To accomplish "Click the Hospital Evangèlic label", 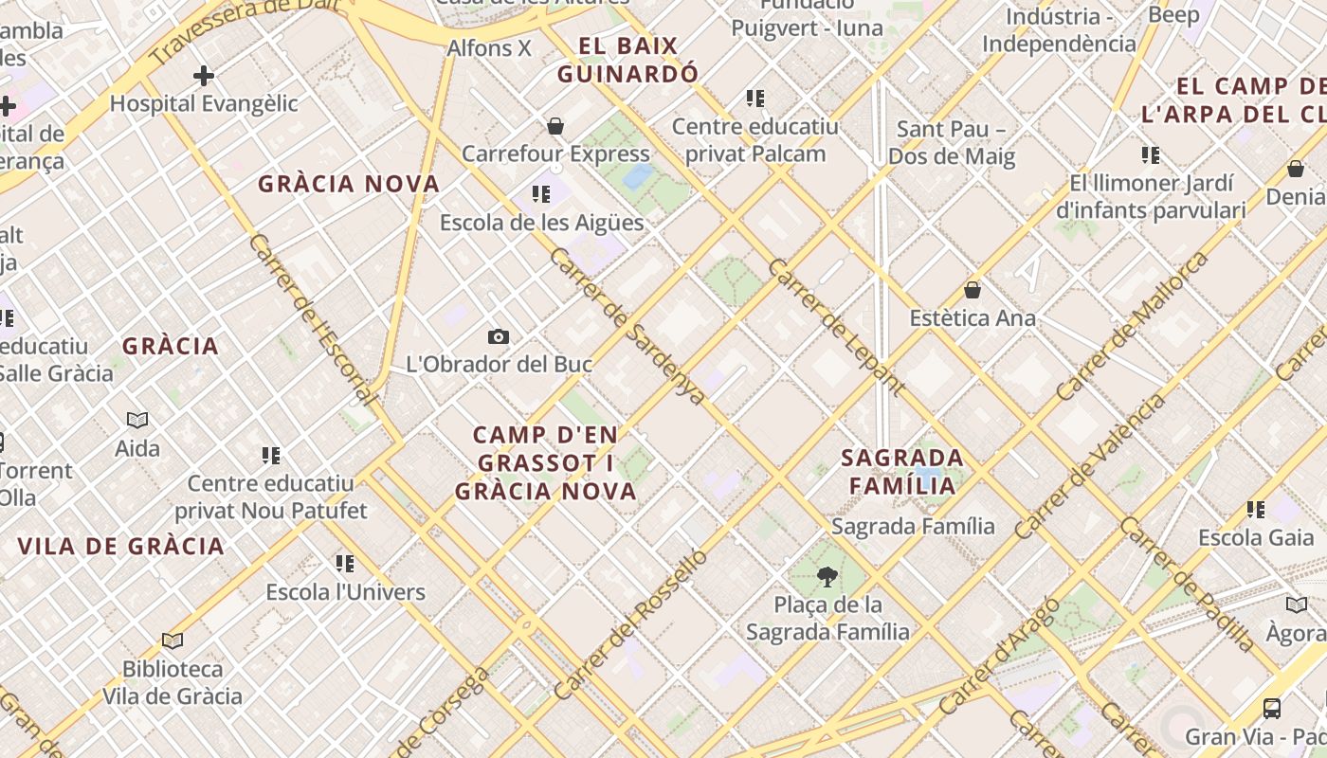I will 204,103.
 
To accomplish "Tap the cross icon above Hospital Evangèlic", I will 203,76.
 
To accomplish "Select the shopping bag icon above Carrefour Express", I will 555,126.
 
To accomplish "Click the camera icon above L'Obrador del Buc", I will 498,336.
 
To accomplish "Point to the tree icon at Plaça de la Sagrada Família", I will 827,576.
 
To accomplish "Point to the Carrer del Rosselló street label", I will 630,625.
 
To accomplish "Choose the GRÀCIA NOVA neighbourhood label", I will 349,184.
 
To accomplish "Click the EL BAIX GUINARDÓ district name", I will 628,60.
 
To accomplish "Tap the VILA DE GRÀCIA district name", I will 121,546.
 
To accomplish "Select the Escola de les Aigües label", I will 541,223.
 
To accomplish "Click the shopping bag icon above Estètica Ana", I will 972,290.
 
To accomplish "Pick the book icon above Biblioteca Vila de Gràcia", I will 172,641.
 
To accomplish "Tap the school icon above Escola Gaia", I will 1256,510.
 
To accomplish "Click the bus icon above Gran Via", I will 1272,708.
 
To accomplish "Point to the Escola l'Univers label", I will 345,592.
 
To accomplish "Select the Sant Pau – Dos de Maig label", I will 952,142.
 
